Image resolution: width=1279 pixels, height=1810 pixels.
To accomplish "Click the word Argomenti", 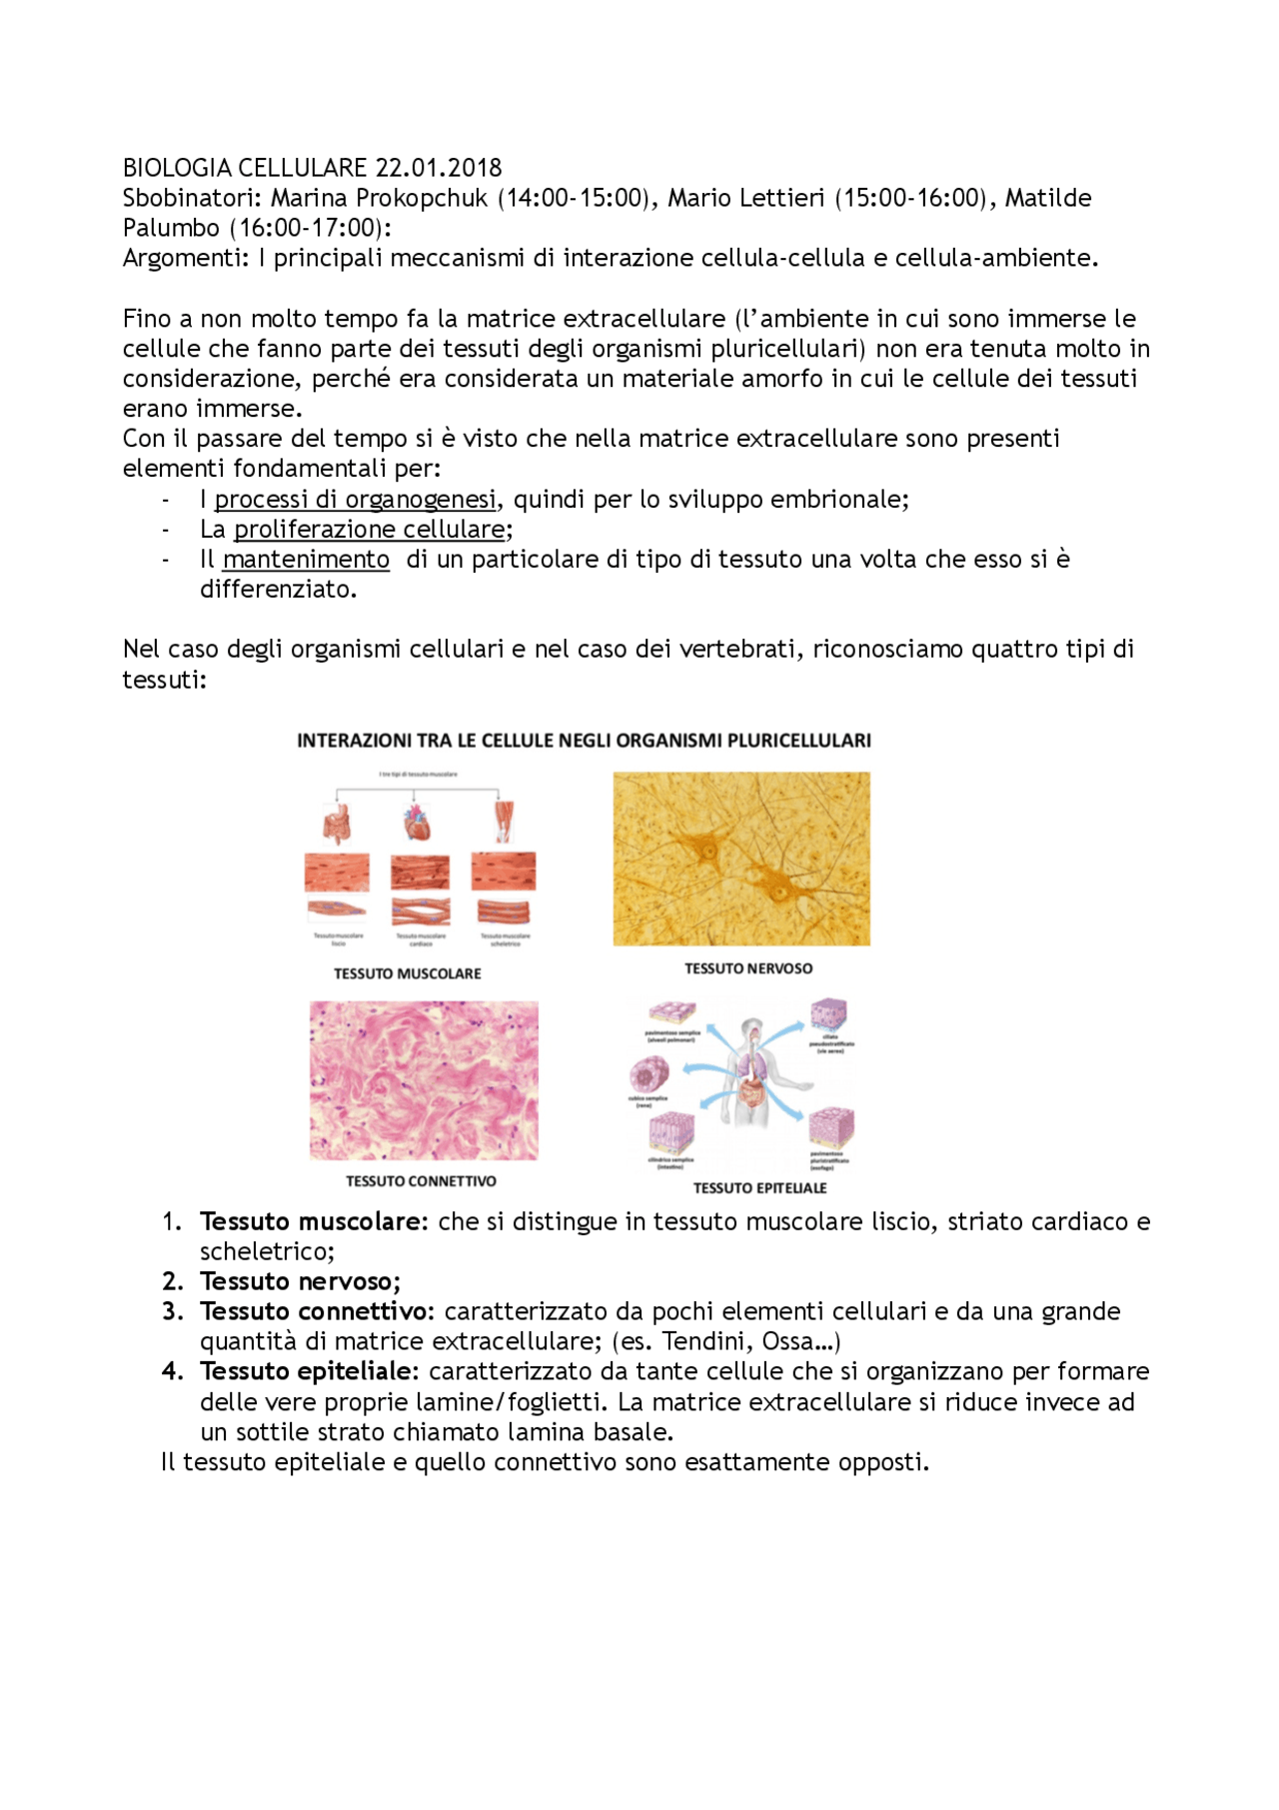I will click(x=183, y=258).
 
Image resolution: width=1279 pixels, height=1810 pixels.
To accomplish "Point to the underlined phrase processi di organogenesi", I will click(x=355, y=499).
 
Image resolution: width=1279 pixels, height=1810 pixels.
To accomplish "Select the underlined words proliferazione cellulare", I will click(x=369, y=529).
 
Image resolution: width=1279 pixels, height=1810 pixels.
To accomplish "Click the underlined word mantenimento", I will click(x=306, y=559).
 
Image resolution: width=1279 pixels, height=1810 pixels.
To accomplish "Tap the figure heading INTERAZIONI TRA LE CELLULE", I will click(x=584, y=741).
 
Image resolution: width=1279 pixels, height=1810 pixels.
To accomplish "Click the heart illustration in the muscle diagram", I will click(x=418, y=823).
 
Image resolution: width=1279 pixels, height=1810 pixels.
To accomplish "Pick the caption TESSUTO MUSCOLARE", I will click(x=407, y=973).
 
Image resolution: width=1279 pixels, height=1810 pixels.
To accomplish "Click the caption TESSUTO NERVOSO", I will click(x=748, y=968).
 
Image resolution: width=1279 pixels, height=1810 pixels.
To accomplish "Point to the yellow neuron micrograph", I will click(x=741, y=859).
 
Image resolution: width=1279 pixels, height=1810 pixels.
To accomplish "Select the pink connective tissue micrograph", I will click(x=424, y=1080).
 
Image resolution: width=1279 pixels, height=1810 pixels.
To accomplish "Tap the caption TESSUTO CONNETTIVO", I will click(x=421, y=1181).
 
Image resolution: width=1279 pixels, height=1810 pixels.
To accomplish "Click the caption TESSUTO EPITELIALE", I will click(x=759, y=1188).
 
